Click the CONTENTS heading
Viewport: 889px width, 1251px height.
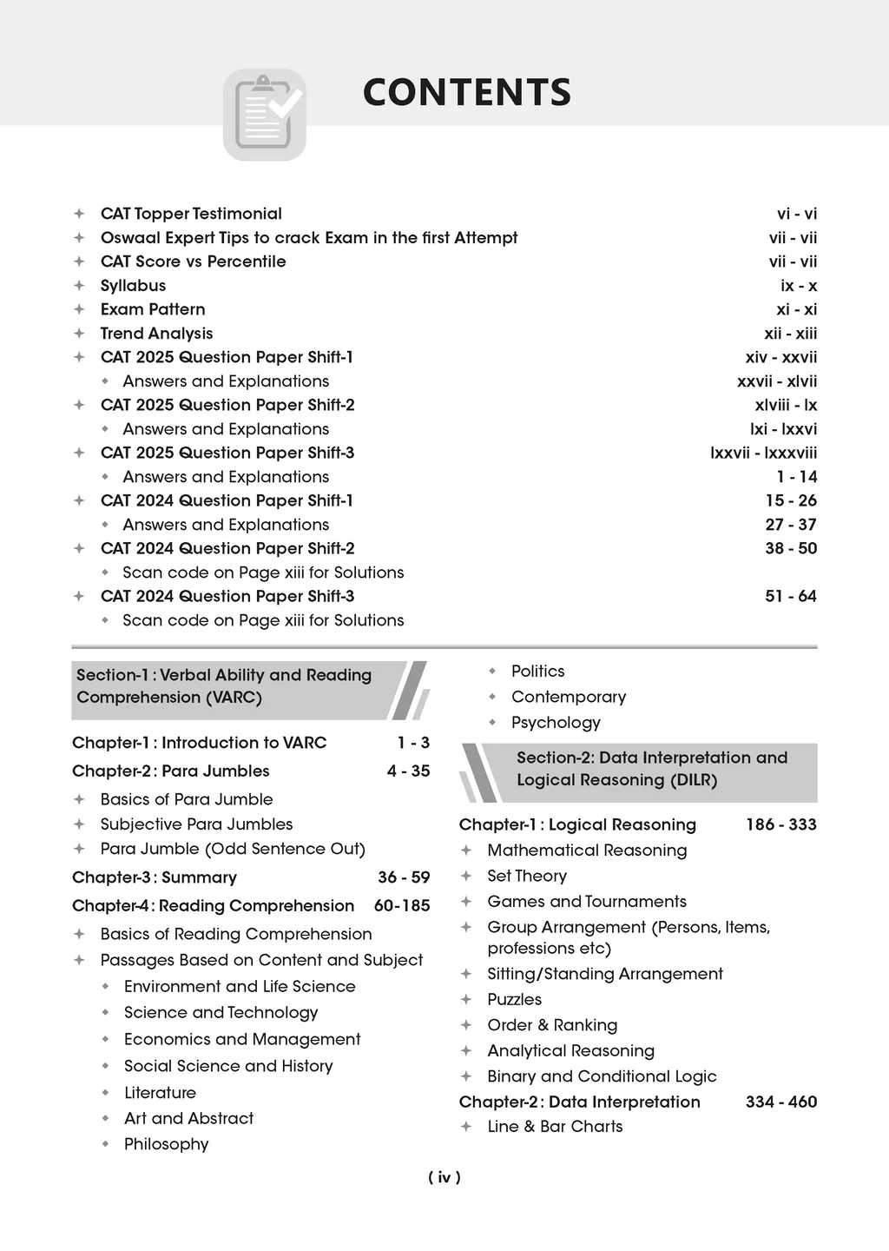click(466, 93)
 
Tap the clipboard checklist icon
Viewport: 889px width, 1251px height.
click(265, 115)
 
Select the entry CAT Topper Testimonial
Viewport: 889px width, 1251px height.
click(191, 214)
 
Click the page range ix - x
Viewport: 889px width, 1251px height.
click(799, 286)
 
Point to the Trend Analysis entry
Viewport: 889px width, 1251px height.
click(156, 334)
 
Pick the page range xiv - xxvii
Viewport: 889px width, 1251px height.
click(780, 357)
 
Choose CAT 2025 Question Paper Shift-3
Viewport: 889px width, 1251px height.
click(227, 453)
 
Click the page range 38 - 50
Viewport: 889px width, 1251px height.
click(791, 548)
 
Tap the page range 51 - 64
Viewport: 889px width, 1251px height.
click(791, 596)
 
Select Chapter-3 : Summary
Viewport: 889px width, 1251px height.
click(155, 877)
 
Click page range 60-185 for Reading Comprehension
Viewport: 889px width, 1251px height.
click(402, 906)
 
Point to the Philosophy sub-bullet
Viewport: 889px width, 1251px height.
click(167, 1144)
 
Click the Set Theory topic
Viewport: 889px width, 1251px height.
click(527, 876)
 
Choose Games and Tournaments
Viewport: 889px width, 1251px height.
click(587, 902)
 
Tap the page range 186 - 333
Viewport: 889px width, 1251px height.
click(780, 824)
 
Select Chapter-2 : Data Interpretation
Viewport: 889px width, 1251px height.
click(580, 1102)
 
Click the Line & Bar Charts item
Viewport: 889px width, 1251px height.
click(555, 1127)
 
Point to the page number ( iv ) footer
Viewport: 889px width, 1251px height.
click(444, 1178)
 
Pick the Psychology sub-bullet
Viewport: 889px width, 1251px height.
click(556, 723)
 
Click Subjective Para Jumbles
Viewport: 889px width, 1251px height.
click(196, 824)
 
